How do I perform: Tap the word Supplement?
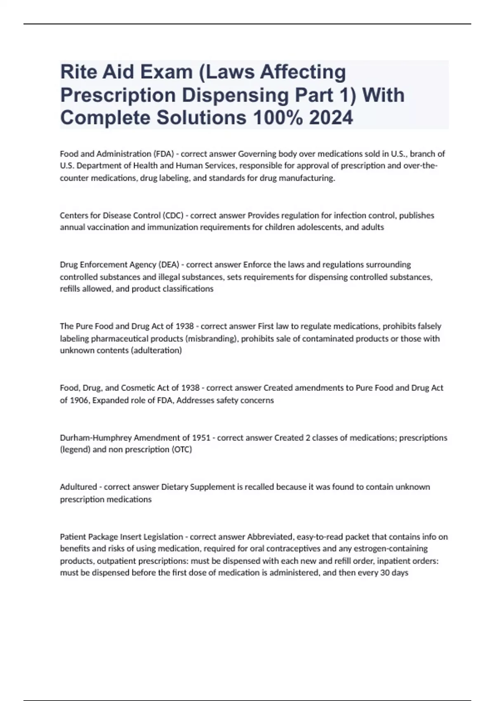point(211,487)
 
